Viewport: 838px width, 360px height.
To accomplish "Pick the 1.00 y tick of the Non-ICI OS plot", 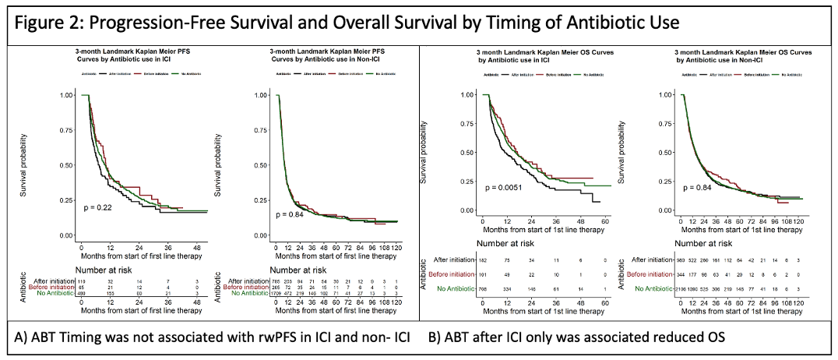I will tap(665, 95).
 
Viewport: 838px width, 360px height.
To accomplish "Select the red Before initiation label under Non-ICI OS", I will tap(650, 274).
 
